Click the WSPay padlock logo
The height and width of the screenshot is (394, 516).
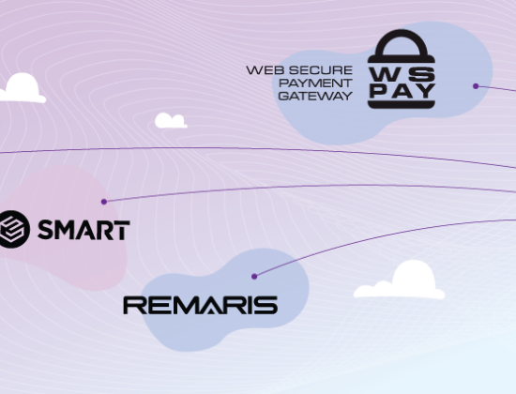[402, 68]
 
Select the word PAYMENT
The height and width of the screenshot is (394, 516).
[315, 83]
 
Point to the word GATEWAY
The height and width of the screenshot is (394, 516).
[315, 96]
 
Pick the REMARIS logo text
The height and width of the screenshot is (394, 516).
[201, 305]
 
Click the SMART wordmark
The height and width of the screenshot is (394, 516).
[83, 230]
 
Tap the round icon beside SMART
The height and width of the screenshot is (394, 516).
[13, 229]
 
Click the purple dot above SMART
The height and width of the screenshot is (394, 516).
[104, 202]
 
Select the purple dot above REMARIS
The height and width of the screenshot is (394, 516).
[254, 276]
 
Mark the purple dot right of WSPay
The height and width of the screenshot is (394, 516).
[476, 86]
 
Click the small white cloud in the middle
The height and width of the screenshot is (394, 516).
[171, 120]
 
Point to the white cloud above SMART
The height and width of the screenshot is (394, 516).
[23, 88]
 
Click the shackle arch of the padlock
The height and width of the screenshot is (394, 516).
[402, 42]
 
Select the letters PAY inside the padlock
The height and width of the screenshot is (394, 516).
[402, 91]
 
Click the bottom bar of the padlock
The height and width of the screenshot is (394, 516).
[402, 105]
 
